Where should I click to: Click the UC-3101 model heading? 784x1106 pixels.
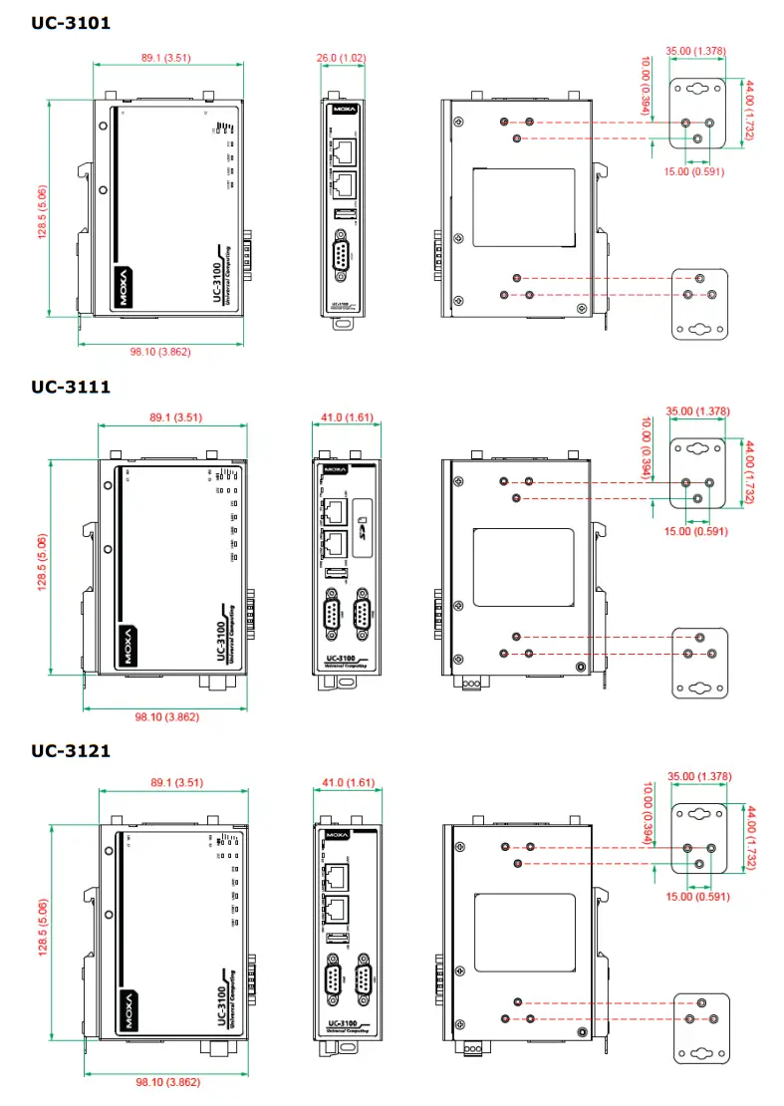pos(70,22)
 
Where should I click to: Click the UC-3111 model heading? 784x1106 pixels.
pos(70,387)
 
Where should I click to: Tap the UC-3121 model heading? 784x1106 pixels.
pos(70,750)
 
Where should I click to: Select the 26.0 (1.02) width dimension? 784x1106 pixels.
pos(340,58)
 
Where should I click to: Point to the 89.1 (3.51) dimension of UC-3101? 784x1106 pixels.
pos(165,58)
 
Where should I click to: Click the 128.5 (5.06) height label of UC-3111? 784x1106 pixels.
pos(43,568)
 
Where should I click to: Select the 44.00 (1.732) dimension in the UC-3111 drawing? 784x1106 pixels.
pos(750,472)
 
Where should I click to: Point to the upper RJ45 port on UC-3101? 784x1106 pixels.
pos(343,151)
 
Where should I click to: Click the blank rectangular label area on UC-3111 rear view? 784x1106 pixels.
pos(522,568)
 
